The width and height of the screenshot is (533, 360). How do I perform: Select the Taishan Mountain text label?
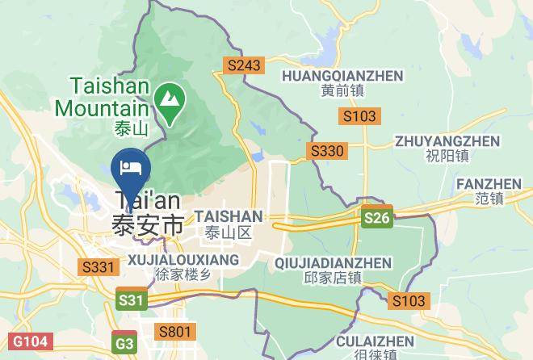pyautogui.click(x=103, y=95)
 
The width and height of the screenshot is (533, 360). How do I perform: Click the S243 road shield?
pyautogui.click(x=245, y=66)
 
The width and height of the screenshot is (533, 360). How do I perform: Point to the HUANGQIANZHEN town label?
pyautogui.click(x=342, y=75)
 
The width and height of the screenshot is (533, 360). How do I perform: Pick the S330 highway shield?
pyautogui.click(x=328, y=151)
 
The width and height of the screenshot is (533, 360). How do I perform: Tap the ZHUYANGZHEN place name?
pyautogui.click(x=447, y=141)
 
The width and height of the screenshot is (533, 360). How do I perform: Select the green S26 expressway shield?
pyautogui.click(x=376, y=217)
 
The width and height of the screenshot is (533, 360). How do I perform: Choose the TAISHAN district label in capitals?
pyautogui.click(x=229, y=216)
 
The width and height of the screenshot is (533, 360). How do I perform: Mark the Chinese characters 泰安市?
pyautogui.click(x=148, y=226)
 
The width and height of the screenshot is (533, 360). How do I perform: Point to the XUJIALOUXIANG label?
pyautogui.click(x=184, y=260)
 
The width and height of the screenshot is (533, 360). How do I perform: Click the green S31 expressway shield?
pyautogui.click(x=132, y=300)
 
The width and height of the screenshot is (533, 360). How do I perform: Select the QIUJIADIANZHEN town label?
pyautogui.click(x=333, y=263)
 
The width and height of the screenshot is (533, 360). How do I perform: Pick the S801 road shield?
pyautogui.click(x=174, y=331)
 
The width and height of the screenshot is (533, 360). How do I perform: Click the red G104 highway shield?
pyautogui.click(x=27, y=343)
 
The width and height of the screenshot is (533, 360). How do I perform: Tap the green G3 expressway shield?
pyautogui.click(x=125, y=344)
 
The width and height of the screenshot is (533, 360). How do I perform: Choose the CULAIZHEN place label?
pyautogui.click(x=375, y=341)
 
